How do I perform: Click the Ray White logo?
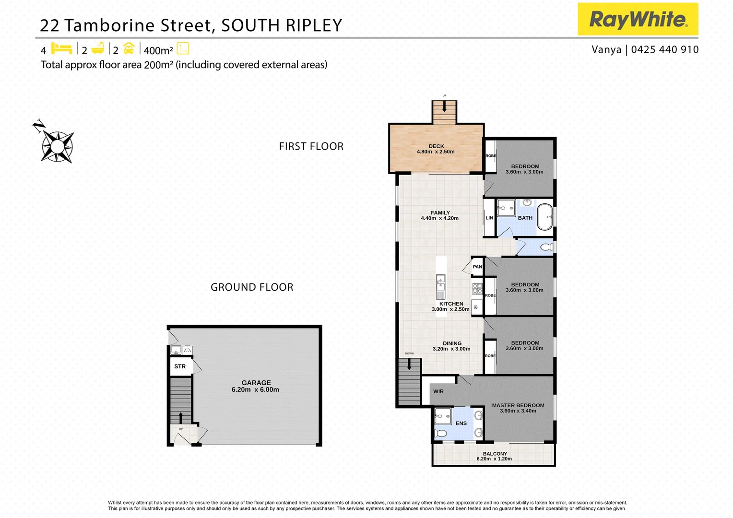(x=638, y=19)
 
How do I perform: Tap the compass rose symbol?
(x=57, y=145)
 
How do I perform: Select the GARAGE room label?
(x=256, y=383)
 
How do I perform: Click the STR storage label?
(x=180, y=366)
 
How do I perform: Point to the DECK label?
(x=436, y=146)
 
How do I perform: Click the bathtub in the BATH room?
(x=544, y=217)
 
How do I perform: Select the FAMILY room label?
(x=440, y=212)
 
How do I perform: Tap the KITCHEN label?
(x=451, y=304)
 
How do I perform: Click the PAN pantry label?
(x=477, y=267)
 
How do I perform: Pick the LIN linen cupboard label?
(x=489, y=218)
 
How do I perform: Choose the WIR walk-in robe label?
(x=438, y=391)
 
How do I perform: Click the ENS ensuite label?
(x=461, y=423)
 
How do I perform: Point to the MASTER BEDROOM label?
(x=518, y=405)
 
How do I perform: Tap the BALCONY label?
(x=495, y=454)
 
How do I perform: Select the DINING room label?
(x=452, y=343)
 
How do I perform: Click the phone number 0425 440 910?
(x=665, y=49)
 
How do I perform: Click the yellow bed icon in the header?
(x=61, y=48)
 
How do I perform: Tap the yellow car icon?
(x=129, y=48)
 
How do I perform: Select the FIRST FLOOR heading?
(x=311, y=146)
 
